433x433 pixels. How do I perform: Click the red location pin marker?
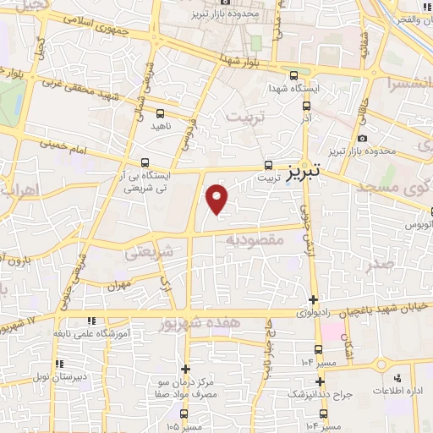click(x=217, y=200)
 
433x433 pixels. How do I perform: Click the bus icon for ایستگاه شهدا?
click(x=293, y=73)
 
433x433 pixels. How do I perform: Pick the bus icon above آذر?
click(x=306, y=107)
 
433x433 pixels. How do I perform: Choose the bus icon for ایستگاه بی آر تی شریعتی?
click(x=145, y=162)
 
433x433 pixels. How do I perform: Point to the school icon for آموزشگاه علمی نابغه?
click(x=91, y=321)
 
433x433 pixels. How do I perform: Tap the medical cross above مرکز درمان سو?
click(x=185, y=369)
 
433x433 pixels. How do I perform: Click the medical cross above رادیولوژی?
click(x=314, y=299)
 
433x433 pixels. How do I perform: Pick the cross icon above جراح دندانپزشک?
click(x=319, y=381)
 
